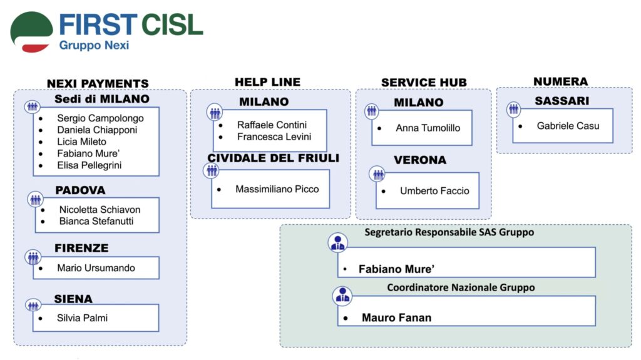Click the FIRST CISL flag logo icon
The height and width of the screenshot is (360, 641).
31,32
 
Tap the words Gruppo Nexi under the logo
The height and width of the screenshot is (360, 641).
94,45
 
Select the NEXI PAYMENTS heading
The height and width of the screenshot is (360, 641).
98,83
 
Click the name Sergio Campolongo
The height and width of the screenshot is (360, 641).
100,118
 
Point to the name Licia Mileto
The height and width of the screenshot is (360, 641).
81,141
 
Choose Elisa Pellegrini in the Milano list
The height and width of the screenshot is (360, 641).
89,165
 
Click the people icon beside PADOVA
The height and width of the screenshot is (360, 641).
36,199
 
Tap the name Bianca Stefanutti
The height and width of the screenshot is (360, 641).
96,221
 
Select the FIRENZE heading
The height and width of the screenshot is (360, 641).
81,248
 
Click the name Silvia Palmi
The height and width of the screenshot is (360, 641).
82,318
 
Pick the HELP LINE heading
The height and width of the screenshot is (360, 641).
267,82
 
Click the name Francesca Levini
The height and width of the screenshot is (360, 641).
274,136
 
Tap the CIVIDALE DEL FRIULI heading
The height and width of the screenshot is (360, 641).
273,158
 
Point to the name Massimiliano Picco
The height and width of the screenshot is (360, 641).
277,189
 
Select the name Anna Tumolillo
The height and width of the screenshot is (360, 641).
428,128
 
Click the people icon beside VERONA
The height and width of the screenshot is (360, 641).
377,174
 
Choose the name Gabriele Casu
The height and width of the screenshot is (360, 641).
568,126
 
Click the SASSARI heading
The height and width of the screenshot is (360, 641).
562,101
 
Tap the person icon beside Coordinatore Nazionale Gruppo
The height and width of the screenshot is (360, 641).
342,296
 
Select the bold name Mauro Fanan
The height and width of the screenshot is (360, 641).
396,317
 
